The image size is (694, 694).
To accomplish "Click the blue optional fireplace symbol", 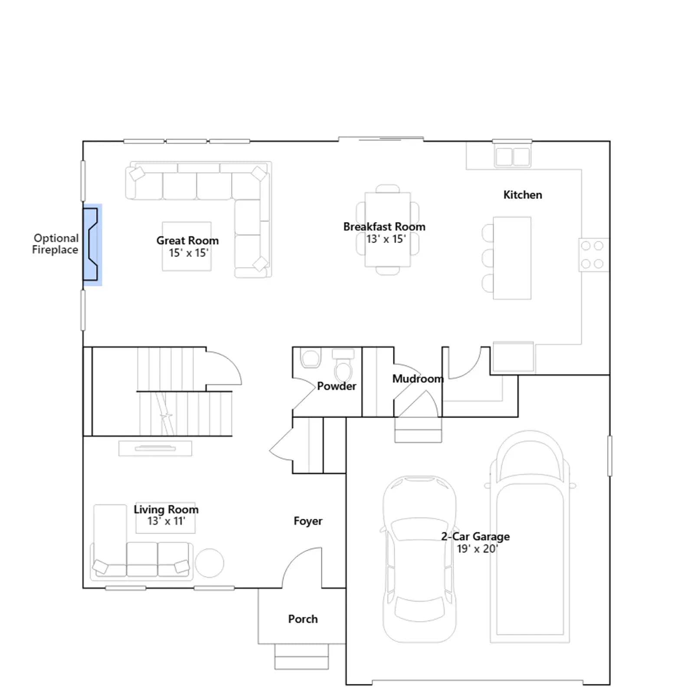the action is (92, 245).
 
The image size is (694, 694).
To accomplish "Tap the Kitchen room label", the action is (523, 195).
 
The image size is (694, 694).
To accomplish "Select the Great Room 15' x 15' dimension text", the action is (189, 253).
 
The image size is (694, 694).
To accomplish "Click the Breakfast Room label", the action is (384, 226).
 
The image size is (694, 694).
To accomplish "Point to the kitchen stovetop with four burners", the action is (593, 255).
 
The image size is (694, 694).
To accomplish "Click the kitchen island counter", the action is (512, 258).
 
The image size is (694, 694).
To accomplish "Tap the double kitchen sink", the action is (512, 157).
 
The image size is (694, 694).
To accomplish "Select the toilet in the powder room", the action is (343, 364).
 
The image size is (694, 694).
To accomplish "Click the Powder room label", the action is (337, 386).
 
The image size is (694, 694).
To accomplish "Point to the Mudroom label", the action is (418, 379).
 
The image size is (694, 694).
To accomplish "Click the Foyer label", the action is (308, 521).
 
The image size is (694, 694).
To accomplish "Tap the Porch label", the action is (303, 619).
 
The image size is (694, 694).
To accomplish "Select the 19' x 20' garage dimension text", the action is (477, 549).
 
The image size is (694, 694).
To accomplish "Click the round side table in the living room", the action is (210, 563).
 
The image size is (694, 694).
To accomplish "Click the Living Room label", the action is (166, 509).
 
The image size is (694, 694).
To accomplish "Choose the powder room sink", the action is (311, 358).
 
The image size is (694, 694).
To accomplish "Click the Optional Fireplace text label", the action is (56, 244).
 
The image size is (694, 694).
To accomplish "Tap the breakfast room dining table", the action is (388, 229).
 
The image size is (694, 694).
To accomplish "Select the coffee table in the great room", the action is (187, 246).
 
